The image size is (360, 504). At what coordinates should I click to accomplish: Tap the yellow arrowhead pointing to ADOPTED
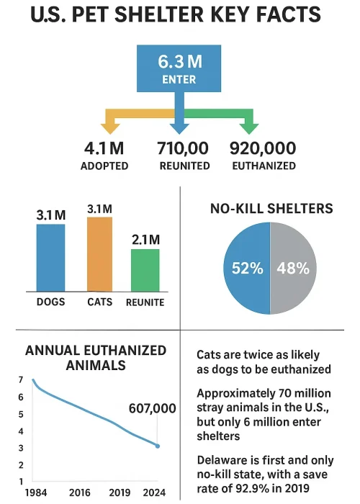point(110,127)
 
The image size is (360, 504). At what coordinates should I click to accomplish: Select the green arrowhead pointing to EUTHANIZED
point(249,127)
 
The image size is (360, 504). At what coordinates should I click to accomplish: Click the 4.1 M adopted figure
point(105,149)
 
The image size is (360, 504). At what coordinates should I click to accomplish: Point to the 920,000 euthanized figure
point(263,149)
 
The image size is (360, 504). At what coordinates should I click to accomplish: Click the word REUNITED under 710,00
point(184,166)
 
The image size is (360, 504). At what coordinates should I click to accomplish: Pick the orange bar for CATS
point(99,253)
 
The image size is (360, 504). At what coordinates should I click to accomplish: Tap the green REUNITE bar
point(145,269)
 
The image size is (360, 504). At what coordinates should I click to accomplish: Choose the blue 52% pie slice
point(247,269)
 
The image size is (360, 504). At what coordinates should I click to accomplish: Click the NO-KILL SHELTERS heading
point(271,209)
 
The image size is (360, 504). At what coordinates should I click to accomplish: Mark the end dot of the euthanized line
point(158,446)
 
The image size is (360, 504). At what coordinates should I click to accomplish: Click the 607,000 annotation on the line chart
point(152,408)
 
